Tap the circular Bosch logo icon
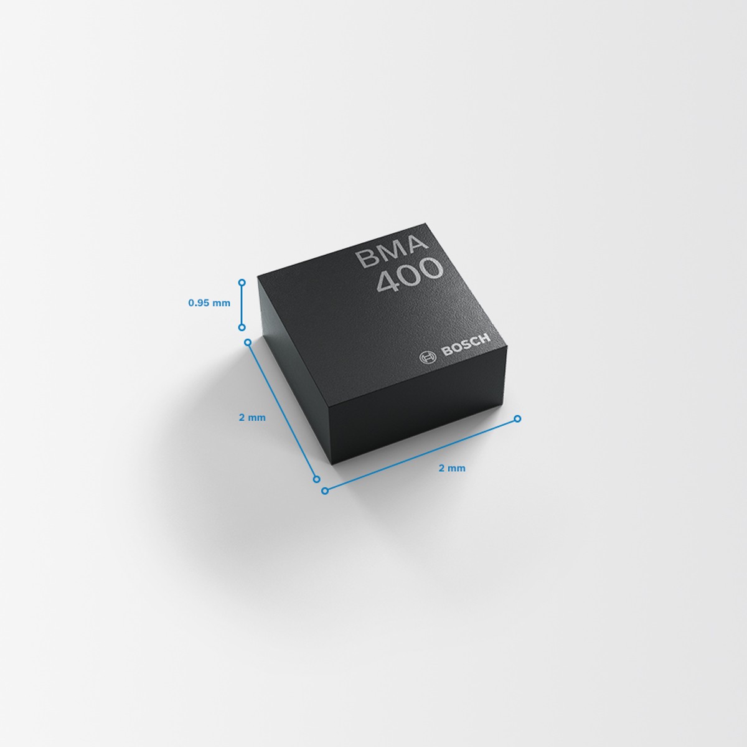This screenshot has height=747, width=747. click(x=428, y=357)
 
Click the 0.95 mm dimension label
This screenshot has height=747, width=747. click(x=209, y=303)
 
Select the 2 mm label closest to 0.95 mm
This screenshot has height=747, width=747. click(x=252, y=418)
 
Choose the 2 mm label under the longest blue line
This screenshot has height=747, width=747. click(x=452, y=468)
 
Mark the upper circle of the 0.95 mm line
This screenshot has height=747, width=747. click(x=242, y=283)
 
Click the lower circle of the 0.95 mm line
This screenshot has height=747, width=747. click(x=242, y=327)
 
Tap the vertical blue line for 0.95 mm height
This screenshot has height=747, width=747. click(x=242, y=305)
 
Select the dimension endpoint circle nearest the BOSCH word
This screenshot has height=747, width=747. click(x=517, y=418)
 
